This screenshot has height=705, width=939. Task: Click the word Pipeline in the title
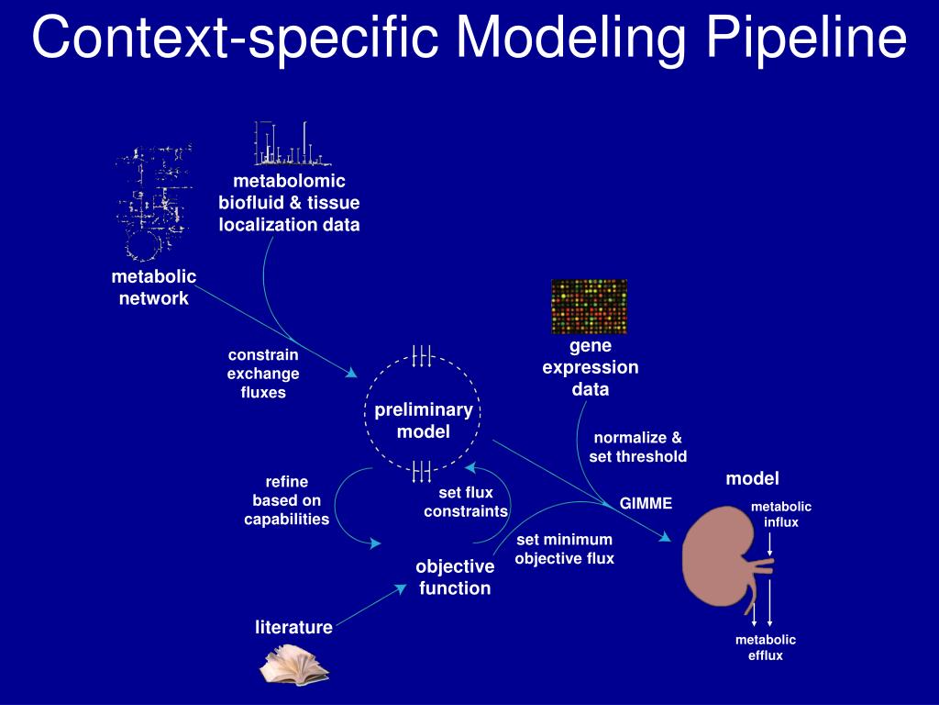coord(806,39)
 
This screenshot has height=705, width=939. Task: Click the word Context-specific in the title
coord(237,39)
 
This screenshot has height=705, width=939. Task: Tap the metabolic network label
coord(154,287)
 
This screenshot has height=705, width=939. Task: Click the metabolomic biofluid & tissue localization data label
coord(289,203)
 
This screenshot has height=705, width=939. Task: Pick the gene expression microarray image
coord(589,307)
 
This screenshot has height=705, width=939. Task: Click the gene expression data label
coord(591,367)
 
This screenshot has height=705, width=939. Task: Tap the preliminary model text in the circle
coord(423,420)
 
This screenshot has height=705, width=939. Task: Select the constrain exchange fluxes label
coord(263,374)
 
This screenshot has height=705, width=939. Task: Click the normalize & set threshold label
coord(637,447)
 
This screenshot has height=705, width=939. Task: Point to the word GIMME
coord(646,503)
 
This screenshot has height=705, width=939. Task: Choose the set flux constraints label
coord(466,502)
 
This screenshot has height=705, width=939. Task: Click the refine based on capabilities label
coord(286,500)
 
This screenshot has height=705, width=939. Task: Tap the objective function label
coord(455,577)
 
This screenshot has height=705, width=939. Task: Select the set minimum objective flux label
coord(564,549)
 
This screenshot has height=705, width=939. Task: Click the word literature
coord(293,628)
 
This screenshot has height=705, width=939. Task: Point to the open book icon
coord(293,665)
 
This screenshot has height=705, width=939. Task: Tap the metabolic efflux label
coord(766,647)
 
